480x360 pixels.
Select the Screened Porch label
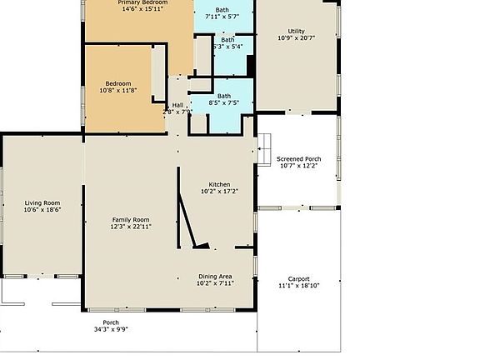(x=298, y=158)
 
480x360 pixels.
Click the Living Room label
(x=42, y=202)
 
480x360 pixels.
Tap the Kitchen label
(x=219, y=184)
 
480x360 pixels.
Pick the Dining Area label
(x=214, y=276)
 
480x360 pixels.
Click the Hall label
(x=177, y=105)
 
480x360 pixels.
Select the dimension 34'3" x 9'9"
(x=111, y=329)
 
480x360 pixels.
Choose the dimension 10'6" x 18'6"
(x=42, y=209)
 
